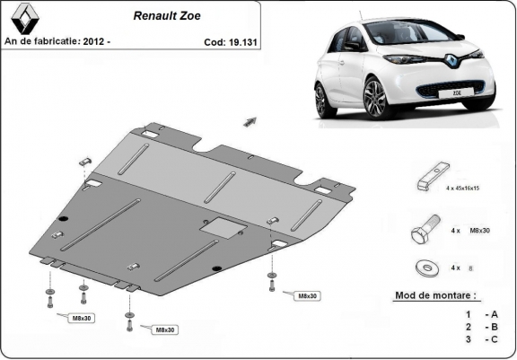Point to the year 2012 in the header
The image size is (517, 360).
(x=95, y=41)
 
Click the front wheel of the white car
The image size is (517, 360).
(x=375, y=97)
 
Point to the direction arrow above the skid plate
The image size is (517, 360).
(x=250, y=119)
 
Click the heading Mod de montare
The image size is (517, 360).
(x=435, y=294)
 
